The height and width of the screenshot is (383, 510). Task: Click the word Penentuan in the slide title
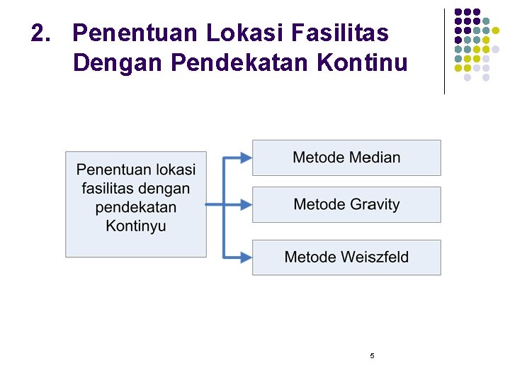(x=135, y=33)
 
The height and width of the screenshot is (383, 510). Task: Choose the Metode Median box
(x=346, y=157)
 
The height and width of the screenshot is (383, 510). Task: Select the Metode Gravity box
(x=346, y=204)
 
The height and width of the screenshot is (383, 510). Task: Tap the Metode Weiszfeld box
(x=346, y=257)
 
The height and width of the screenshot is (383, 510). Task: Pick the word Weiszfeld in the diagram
(x=375, y=257)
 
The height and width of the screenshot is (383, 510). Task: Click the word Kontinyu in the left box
(x=136, y=226)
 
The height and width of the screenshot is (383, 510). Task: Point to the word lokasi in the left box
(x=176, y=170)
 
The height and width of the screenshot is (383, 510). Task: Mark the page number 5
(x=372, y=355)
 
